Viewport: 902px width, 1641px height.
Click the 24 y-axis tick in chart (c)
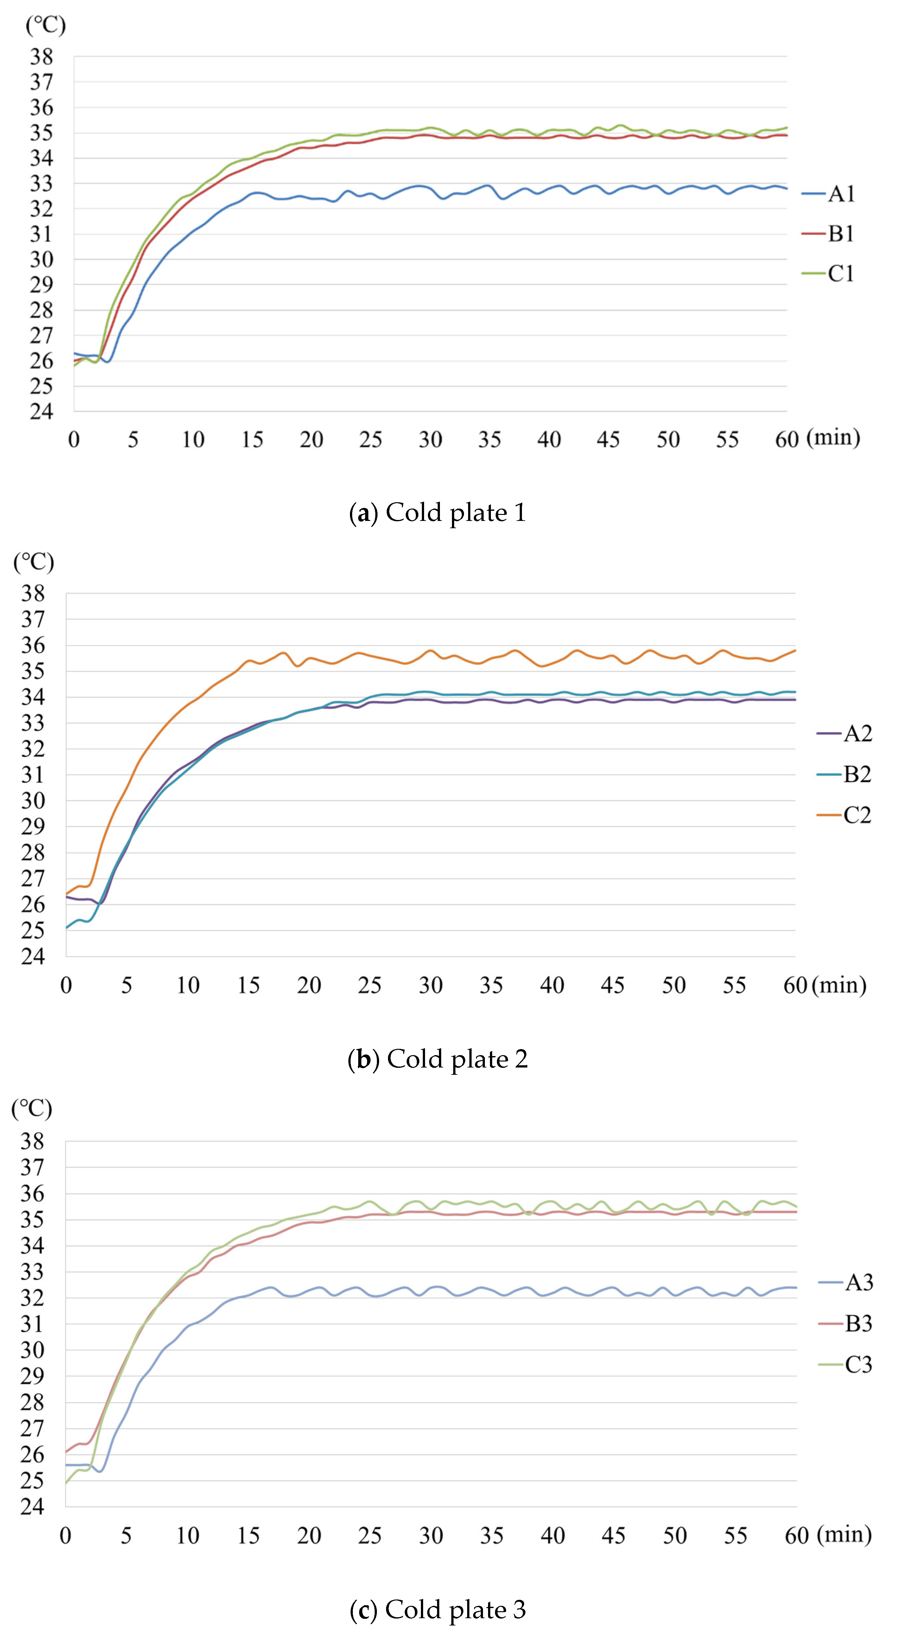[32, 1507]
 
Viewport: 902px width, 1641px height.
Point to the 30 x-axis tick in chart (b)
[431, 985]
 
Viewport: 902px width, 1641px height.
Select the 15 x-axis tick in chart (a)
[252, 440]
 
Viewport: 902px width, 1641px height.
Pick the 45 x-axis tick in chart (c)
[613, 1536]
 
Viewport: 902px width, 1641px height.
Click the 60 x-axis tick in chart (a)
[787, 440]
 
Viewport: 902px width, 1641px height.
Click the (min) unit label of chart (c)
[845, 1535]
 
